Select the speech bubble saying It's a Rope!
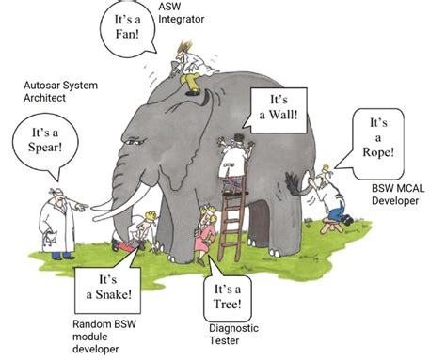tap(377, 139)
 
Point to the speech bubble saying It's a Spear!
tap(40, 141)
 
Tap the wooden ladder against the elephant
tap(230, 221)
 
